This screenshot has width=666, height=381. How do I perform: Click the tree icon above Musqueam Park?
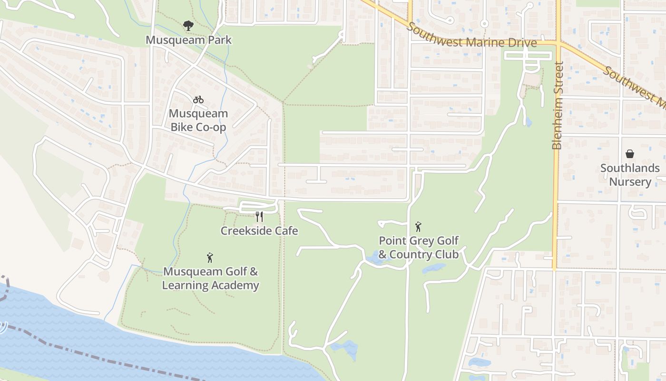188,26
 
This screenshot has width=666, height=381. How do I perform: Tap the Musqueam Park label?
188,40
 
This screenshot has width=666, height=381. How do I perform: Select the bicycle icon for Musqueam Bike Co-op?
198,100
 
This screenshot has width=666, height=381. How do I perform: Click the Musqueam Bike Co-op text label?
198,120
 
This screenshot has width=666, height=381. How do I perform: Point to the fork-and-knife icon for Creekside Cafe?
259,217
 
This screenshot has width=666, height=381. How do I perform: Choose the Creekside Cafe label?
259,231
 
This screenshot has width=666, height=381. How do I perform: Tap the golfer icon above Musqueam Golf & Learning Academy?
210,258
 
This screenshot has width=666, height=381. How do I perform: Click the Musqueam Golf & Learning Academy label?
211,279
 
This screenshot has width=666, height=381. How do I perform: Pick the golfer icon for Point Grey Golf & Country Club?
418,227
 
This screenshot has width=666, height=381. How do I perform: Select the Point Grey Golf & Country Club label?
419,248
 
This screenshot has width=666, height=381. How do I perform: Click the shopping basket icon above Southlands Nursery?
630,154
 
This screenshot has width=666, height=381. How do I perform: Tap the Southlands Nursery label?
630,175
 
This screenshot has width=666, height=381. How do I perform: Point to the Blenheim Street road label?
558,105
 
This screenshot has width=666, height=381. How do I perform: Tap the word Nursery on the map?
630,182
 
